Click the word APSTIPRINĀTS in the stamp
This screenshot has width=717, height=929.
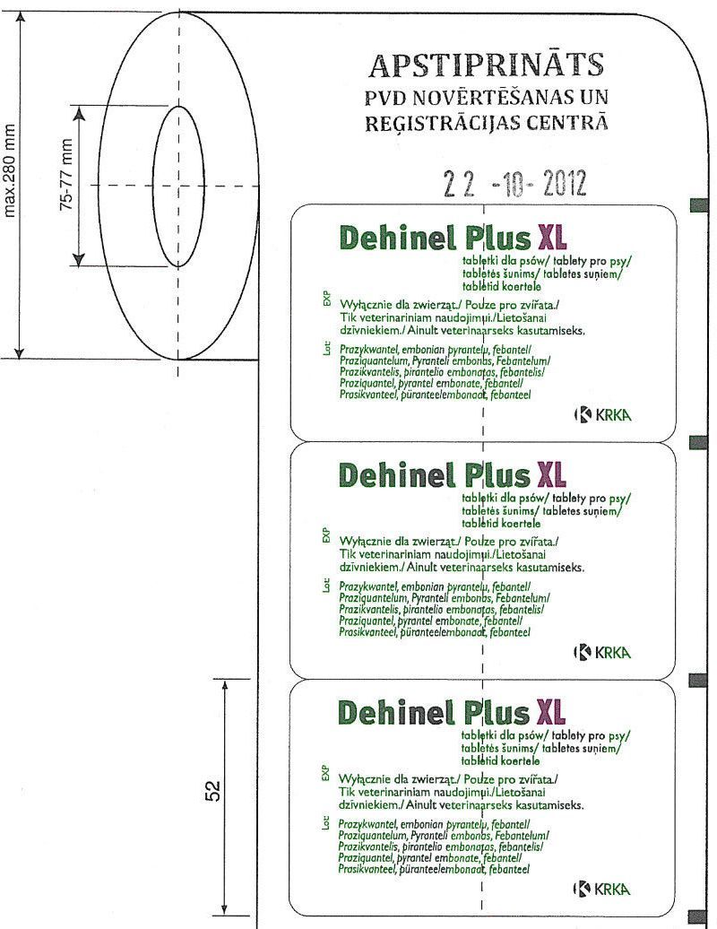point(487,65)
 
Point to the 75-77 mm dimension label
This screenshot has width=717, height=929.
point(65,186)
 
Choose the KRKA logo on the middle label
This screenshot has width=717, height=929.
point(602,652)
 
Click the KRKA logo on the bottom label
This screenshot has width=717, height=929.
point(602,888)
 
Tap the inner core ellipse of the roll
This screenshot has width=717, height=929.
point(177,186)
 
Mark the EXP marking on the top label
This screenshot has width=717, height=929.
point(326,297)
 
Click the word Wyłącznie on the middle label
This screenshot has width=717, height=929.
point(369,542)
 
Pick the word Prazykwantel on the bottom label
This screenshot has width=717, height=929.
point(367,823)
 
